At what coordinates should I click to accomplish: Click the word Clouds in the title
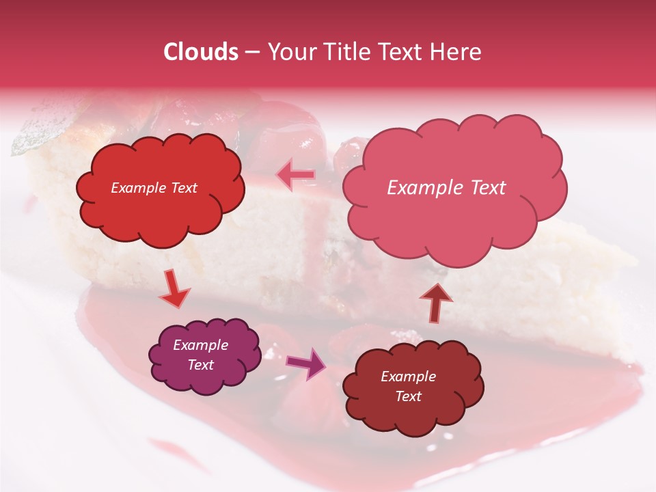(201, 52)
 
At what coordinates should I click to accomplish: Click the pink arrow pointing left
(296, 175)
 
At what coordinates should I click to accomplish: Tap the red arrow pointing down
(175, 290)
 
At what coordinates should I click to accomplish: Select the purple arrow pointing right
(307, 364)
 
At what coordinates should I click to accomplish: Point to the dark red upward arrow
(435, 302)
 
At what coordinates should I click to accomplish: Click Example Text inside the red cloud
(154, 188)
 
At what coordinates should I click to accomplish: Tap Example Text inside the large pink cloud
(446, 188)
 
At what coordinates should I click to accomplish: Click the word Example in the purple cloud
(200, 345)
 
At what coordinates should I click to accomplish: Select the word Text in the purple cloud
(200, 365)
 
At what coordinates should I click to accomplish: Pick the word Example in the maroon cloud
(408, 377)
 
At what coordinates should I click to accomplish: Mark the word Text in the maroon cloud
(408, 396)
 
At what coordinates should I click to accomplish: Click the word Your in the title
(287, 52)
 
